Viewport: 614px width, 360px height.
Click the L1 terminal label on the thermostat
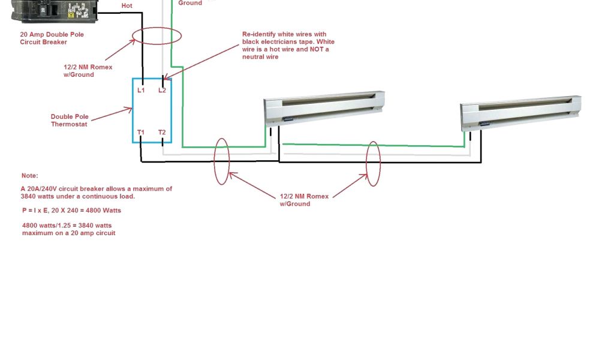(x=141, y=91)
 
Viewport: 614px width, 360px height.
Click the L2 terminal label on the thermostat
(x=162, y=91)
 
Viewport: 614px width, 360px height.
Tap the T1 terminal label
(x=141, y=132)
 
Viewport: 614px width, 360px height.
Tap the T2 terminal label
(x=162, y=132)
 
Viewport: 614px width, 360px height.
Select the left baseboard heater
(x=324, y=108)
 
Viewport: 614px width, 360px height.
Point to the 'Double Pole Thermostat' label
(x=69, y=121)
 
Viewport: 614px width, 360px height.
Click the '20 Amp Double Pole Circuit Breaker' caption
(x=52, y=38)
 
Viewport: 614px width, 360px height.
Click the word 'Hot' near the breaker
(x=127, y=5)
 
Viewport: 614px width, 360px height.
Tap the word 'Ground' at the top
(x=190, y=3)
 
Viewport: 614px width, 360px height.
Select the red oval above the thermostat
(x=157, y=35)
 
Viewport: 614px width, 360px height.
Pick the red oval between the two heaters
(x=374, y=163)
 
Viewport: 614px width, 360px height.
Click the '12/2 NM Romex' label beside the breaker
(x=88, y=71)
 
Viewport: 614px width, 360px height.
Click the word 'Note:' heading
(x=29, y=176)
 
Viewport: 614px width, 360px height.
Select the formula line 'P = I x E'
(x=71, y=211)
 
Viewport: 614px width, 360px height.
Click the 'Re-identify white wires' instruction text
(x=288, y=46)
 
